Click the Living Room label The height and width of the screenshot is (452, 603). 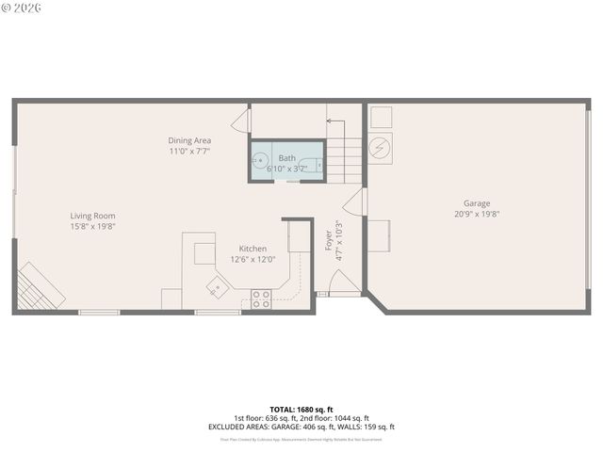point(92,216)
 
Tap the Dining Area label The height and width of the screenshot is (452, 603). point(189,140)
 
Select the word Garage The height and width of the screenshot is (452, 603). point(476,203)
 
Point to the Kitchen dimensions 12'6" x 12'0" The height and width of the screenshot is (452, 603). point(253,259)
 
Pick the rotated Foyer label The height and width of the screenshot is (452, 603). point(329,239)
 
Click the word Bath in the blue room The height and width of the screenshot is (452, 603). point(286,157)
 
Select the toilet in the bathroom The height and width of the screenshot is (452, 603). point(313,165)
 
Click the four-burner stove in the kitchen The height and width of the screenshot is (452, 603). point(261,299)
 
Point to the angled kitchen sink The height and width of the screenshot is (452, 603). point(218,285)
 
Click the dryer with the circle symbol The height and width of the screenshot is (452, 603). point(382,148)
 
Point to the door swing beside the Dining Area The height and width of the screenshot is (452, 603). point(241,120)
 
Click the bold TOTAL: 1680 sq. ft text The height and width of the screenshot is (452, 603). point(301,410)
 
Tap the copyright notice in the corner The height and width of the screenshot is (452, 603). point(22,8)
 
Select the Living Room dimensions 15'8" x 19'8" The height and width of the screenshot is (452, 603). point(92,226)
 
